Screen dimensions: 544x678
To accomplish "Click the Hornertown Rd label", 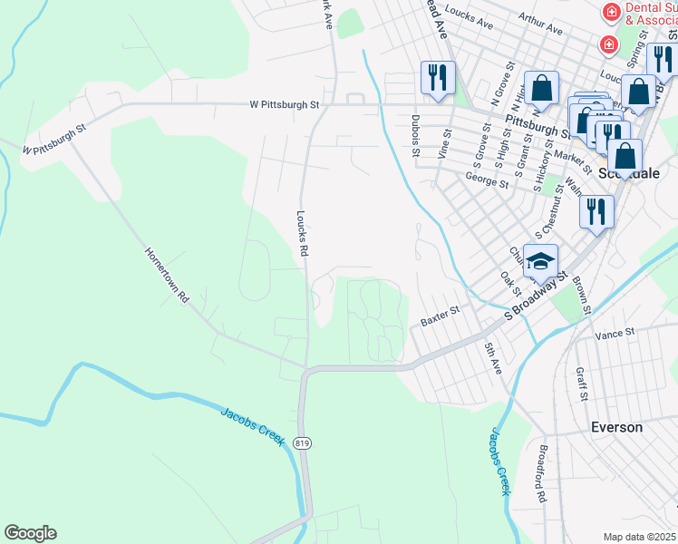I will (166, 275).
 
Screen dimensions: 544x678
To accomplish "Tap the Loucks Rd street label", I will (303, 234).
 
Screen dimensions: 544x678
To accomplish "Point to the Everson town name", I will (616, 427).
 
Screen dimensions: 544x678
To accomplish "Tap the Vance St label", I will (615, 335).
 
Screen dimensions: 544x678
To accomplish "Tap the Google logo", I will (30, 533).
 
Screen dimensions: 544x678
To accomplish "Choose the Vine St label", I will (445, 144).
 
